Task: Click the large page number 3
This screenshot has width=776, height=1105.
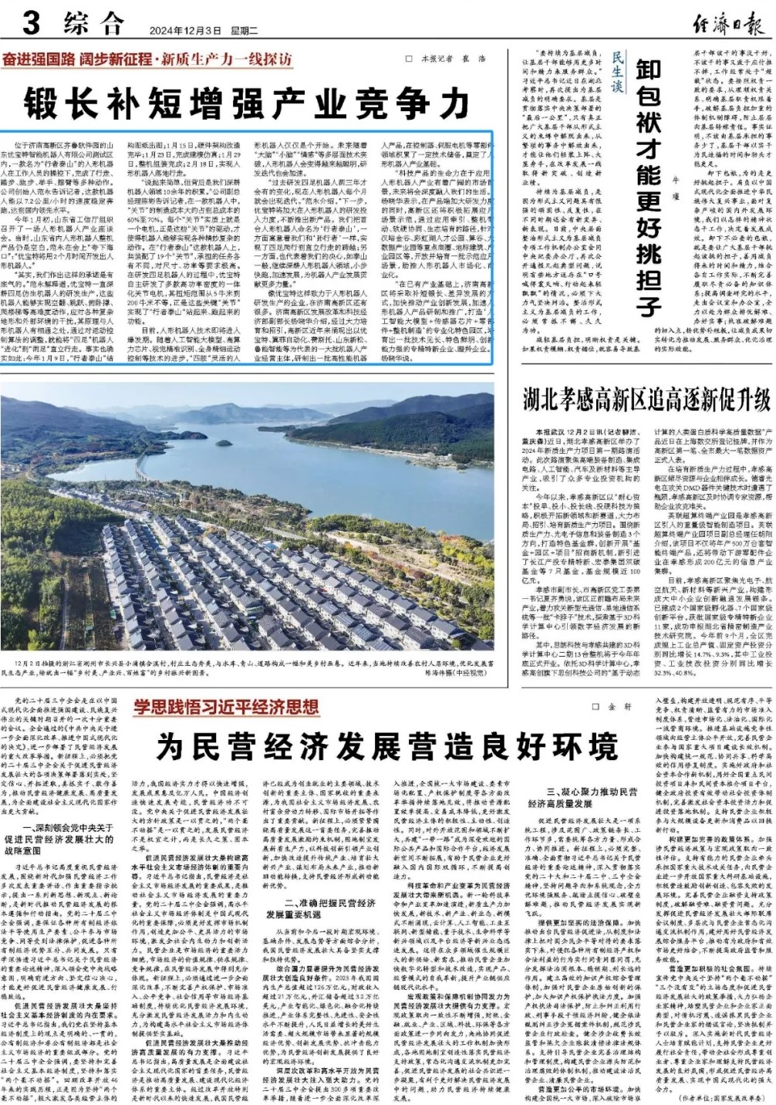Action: (31, 22)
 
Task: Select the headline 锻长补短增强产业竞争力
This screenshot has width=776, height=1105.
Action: (246, 103)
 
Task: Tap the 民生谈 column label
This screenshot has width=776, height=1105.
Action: (616, 73)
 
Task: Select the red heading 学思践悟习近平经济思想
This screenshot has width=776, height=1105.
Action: (225, 708)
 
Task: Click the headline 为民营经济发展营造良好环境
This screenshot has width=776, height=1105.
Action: (387, 745)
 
